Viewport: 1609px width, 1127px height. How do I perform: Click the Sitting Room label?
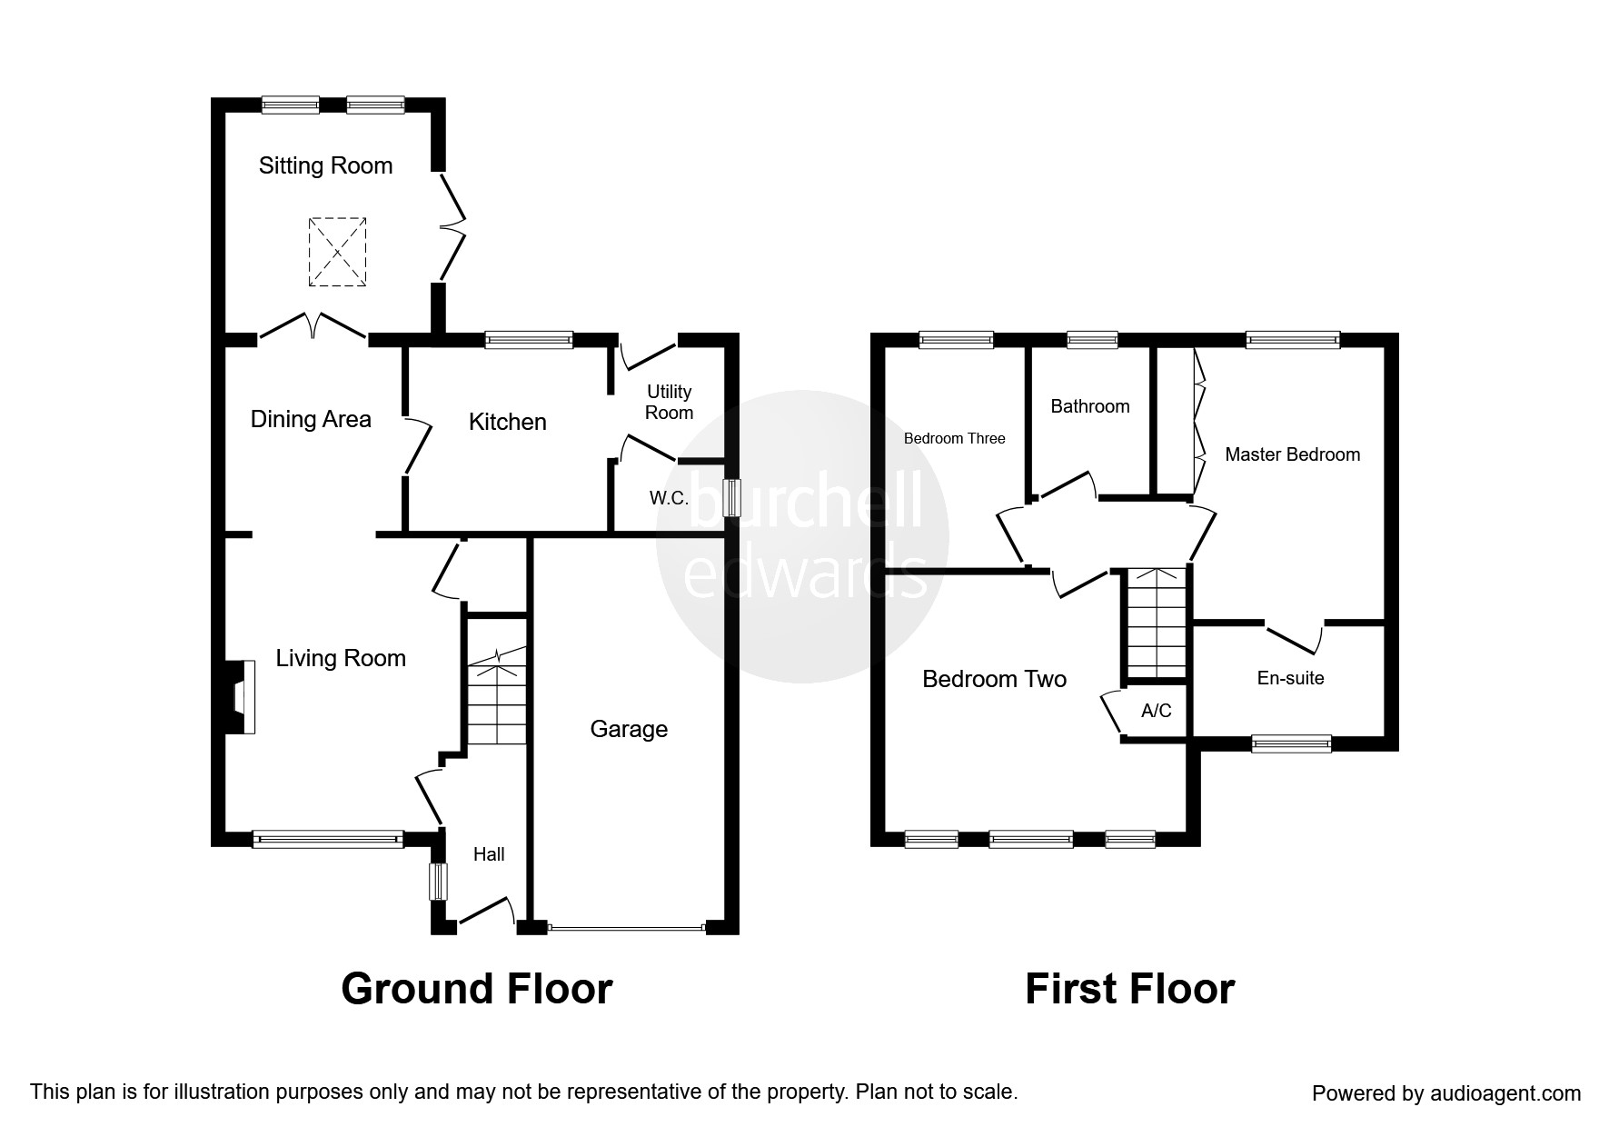325,165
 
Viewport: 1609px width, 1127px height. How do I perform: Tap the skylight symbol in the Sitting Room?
338,252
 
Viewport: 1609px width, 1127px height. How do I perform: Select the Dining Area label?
311,419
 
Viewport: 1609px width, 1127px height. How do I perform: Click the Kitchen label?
507,422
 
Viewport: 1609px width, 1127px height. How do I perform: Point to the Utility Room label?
670,402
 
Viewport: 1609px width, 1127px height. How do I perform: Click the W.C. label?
669,498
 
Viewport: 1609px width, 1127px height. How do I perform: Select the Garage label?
629,729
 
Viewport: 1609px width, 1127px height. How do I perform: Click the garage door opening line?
627,928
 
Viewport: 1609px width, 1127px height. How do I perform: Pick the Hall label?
489,854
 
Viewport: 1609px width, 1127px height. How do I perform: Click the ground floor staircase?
496,700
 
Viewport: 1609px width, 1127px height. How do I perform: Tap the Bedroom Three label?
954,439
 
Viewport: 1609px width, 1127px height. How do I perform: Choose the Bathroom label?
1089,406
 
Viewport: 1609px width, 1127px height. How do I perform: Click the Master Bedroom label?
1292,454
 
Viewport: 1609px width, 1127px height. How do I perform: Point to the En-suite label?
1290,678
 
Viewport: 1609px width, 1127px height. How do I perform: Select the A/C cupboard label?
1156,711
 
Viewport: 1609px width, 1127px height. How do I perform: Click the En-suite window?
1291,744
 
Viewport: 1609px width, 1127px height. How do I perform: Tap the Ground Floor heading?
476,989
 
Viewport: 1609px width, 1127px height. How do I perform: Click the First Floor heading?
1129,989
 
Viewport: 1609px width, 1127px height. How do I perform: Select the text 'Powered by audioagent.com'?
1446,1093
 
